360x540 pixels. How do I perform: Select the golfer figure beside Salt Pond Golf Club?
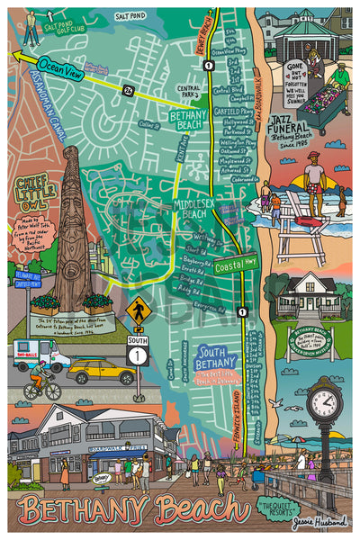[31, 27]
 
